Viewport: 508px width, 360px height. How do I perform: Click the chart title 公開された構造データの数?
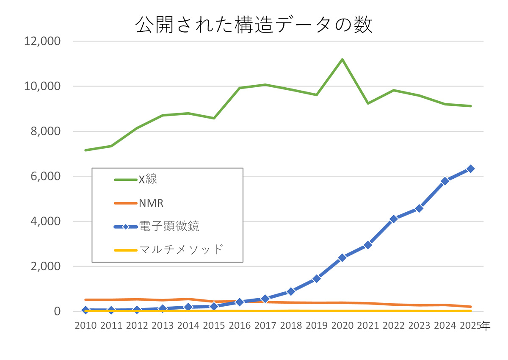point(254,25)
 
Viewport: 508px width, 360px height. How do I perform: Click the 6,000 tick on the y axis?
point(44,176)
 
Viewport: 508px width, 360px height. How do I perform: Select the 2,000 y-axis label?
point(44,266)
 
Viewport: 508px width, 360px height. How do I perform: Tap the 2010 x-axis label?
point(86,326)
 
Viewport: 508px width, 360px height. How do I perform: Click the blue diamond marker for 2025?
point(470,169)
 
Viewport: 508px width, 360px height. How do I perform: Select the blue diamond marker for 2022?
point(394,219)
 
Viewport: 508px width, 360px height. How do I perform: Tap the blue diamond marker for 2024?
point(445,181)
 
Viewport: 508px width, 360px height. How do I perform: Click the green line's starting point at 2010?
point(86,150)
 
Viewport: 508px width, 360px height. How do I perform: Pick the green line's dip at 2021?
point(368,103)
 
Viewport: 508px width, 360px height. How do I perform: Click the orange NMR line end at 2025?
point(470,307)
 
